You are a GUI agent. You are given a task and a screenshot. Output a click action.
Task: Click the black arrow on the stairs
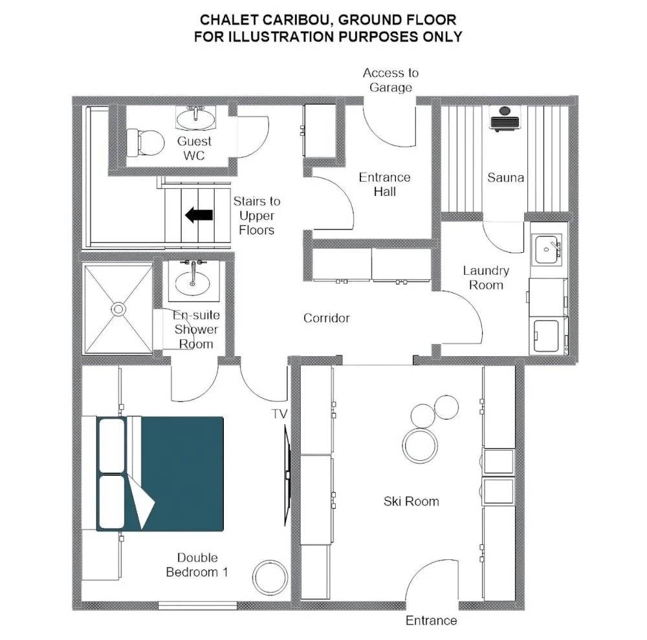coord(199,215)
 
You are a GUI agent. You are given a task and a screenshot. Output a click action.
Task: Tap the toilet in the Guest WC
coord(145,143)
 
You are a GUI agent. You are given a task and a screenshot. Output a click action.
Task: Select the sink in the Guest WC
coord(195,118)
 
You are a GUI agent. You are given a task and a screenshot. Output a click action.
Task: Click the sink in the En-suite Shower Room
coord(192,282)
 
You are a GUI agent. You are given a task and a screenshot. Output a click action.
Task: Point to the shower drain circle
coord(119,309)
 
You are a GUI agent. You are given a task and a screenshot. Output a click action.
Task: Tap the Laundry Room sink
coord(547,250)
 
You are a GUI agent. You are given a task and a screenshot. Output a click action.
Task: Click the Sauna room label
coord(505,178)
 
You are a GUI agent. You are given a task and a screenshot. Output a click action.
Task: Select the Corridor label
coord(326,318)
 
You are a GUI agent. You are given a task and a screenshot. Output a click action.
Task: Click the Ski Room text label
coord(411,501)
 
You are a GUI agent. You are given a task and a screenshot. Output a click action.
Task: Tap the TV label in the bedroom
coord(280,414)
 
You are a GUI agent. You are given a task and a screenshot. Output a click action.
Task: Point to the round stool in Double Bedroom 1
coord(270,577)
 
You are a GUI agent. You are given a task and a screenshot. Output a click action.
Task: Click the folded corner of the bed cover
coord(141,501)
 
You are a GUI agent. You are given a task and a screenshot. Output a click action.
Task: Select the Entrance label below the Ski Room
coord(431,620)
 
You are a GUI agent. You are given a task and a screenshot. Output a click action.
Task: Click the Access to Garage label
coord(391,80)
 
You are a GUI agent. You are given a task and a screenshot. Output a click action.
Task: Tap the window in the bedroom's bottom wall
coord(197,605)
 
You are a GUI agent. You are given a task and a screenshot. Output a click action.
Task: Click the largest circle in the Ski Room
coord(420,445)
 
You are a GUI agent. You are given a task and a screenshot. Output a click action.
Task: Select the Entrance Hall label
coord(384,184)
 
